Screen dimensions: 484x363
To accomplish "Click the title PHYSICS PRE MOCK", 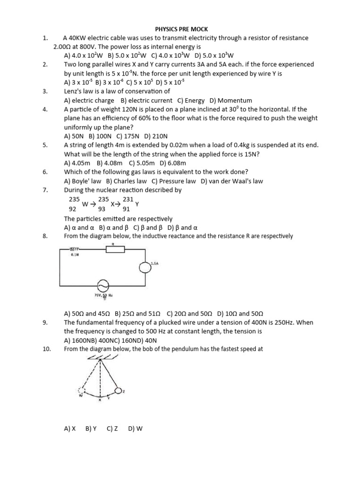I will (x=181, y=29).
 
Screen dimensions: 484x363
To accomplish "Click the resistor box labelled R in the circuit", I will (x=115, y=249).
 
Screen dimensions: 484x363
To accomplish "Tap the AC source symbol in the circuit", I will (x=102, y=285).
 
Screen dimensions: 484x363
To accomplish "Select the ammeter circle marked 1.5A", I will (x=144, y=268).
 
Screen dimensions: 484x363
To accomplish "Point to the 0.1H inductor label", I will (x=74, y=254).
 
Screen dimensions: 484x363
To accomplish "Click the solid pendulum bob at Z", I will (x=118, y=390).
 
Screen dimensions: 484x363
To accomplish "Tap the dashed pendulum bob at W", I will (x=81, y=391).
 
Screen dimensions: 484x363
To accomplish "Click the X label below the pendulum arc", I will (x=100, y=400).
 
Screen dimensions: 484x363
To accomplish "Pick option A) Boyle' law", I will (x=83, y=181).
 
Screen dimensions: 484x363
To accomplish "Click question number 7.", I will (x=45, y=190).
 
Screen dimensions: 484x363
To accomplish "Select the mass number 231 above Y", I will (x=128, y=199).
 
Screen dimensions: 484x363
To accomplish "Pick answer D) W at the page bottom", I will (x=135, y=429).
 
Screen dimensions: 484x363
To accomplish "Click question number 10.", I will (x=46, y=349).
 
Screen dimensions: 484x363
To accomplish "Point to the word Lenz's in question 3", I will (x=73, y=91).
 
